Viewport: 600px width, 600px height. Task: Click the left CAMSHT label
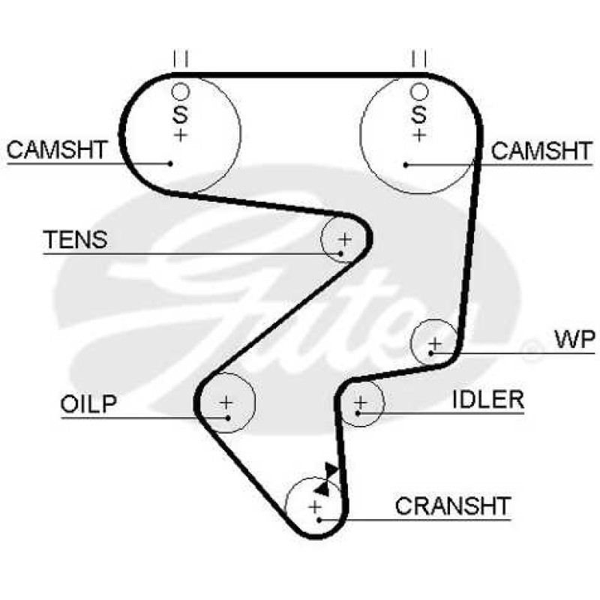[57, 149]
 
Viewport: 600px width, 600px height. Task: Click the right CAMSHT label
[541, 151]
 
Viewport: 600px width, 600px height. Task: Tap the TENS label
[76, 239]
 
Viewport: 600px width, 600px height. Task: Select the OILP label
[88, 403]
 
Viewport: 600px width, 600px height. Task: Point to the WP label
[575, 339]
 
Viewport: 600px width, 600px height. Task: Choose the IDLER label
[488, 400]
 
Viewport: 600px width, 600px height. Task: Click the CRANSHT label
[453, 505]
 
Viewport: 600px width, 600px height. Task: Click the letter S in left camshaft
[180, 114]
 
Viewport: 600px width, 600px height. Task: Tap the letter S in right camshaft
[419, 114]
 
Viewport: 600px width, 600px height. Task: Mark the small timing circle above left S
[180, 91]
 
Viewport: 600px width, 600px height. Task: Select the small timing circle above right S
[419, 91]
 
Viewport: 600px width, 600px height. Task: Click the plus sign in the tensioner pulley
[345, 240]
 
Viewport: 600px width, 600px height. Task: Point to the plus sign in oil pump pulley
[226, 403]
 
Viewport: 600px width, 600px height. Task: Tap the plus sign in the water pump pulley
[435, 343]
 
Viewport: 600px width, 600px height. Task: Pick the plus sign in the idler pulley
[361, 403]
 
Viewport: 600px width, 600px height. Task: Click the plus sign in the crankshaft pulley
[315, 508]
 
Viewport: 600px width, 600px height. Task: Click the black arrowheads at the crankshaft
[325, 479]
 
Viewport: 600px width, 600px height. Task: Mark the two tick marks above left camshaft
[181, 58]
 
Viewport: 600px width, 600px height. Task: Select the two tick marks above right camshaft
[419, 58]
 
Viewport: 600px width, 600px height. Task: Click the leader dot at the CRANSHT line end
[319, 520]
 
